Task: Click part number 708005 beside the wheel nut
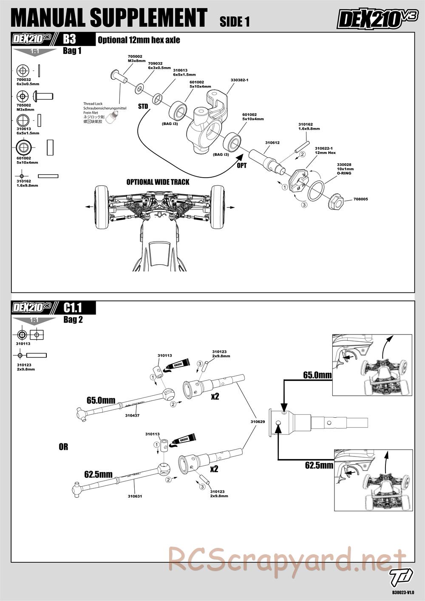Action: point(361,199)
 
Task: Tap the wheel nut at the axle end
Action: point(336,201)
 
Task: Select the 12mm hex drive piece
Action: point(299,181)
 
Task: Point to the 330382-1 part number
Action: point(239,80)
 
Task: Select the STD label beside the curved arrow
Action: point(143,107)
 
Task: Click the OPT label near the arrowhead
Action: point(241,165)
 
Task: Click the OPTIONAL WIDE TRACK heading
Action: point(158,182)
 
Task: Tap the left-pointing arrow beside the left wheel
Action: point(90,207)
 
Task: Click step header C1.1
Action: point(72,308)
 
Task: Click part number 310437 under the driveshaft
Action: point(132,415)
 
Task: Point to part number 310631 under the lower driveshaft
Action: point(135,496)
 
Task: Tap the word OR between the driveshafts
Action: point(63,447)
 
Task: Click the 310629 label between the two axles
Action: point(258,422)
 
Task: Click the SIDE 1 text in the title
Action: point(235,21)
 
